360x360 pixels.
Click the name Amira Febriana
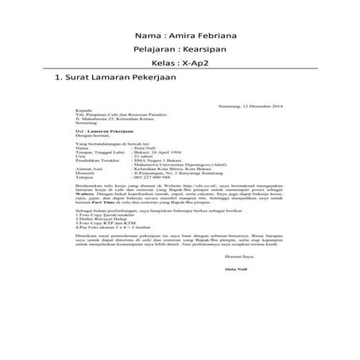[x=204, y=37]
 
